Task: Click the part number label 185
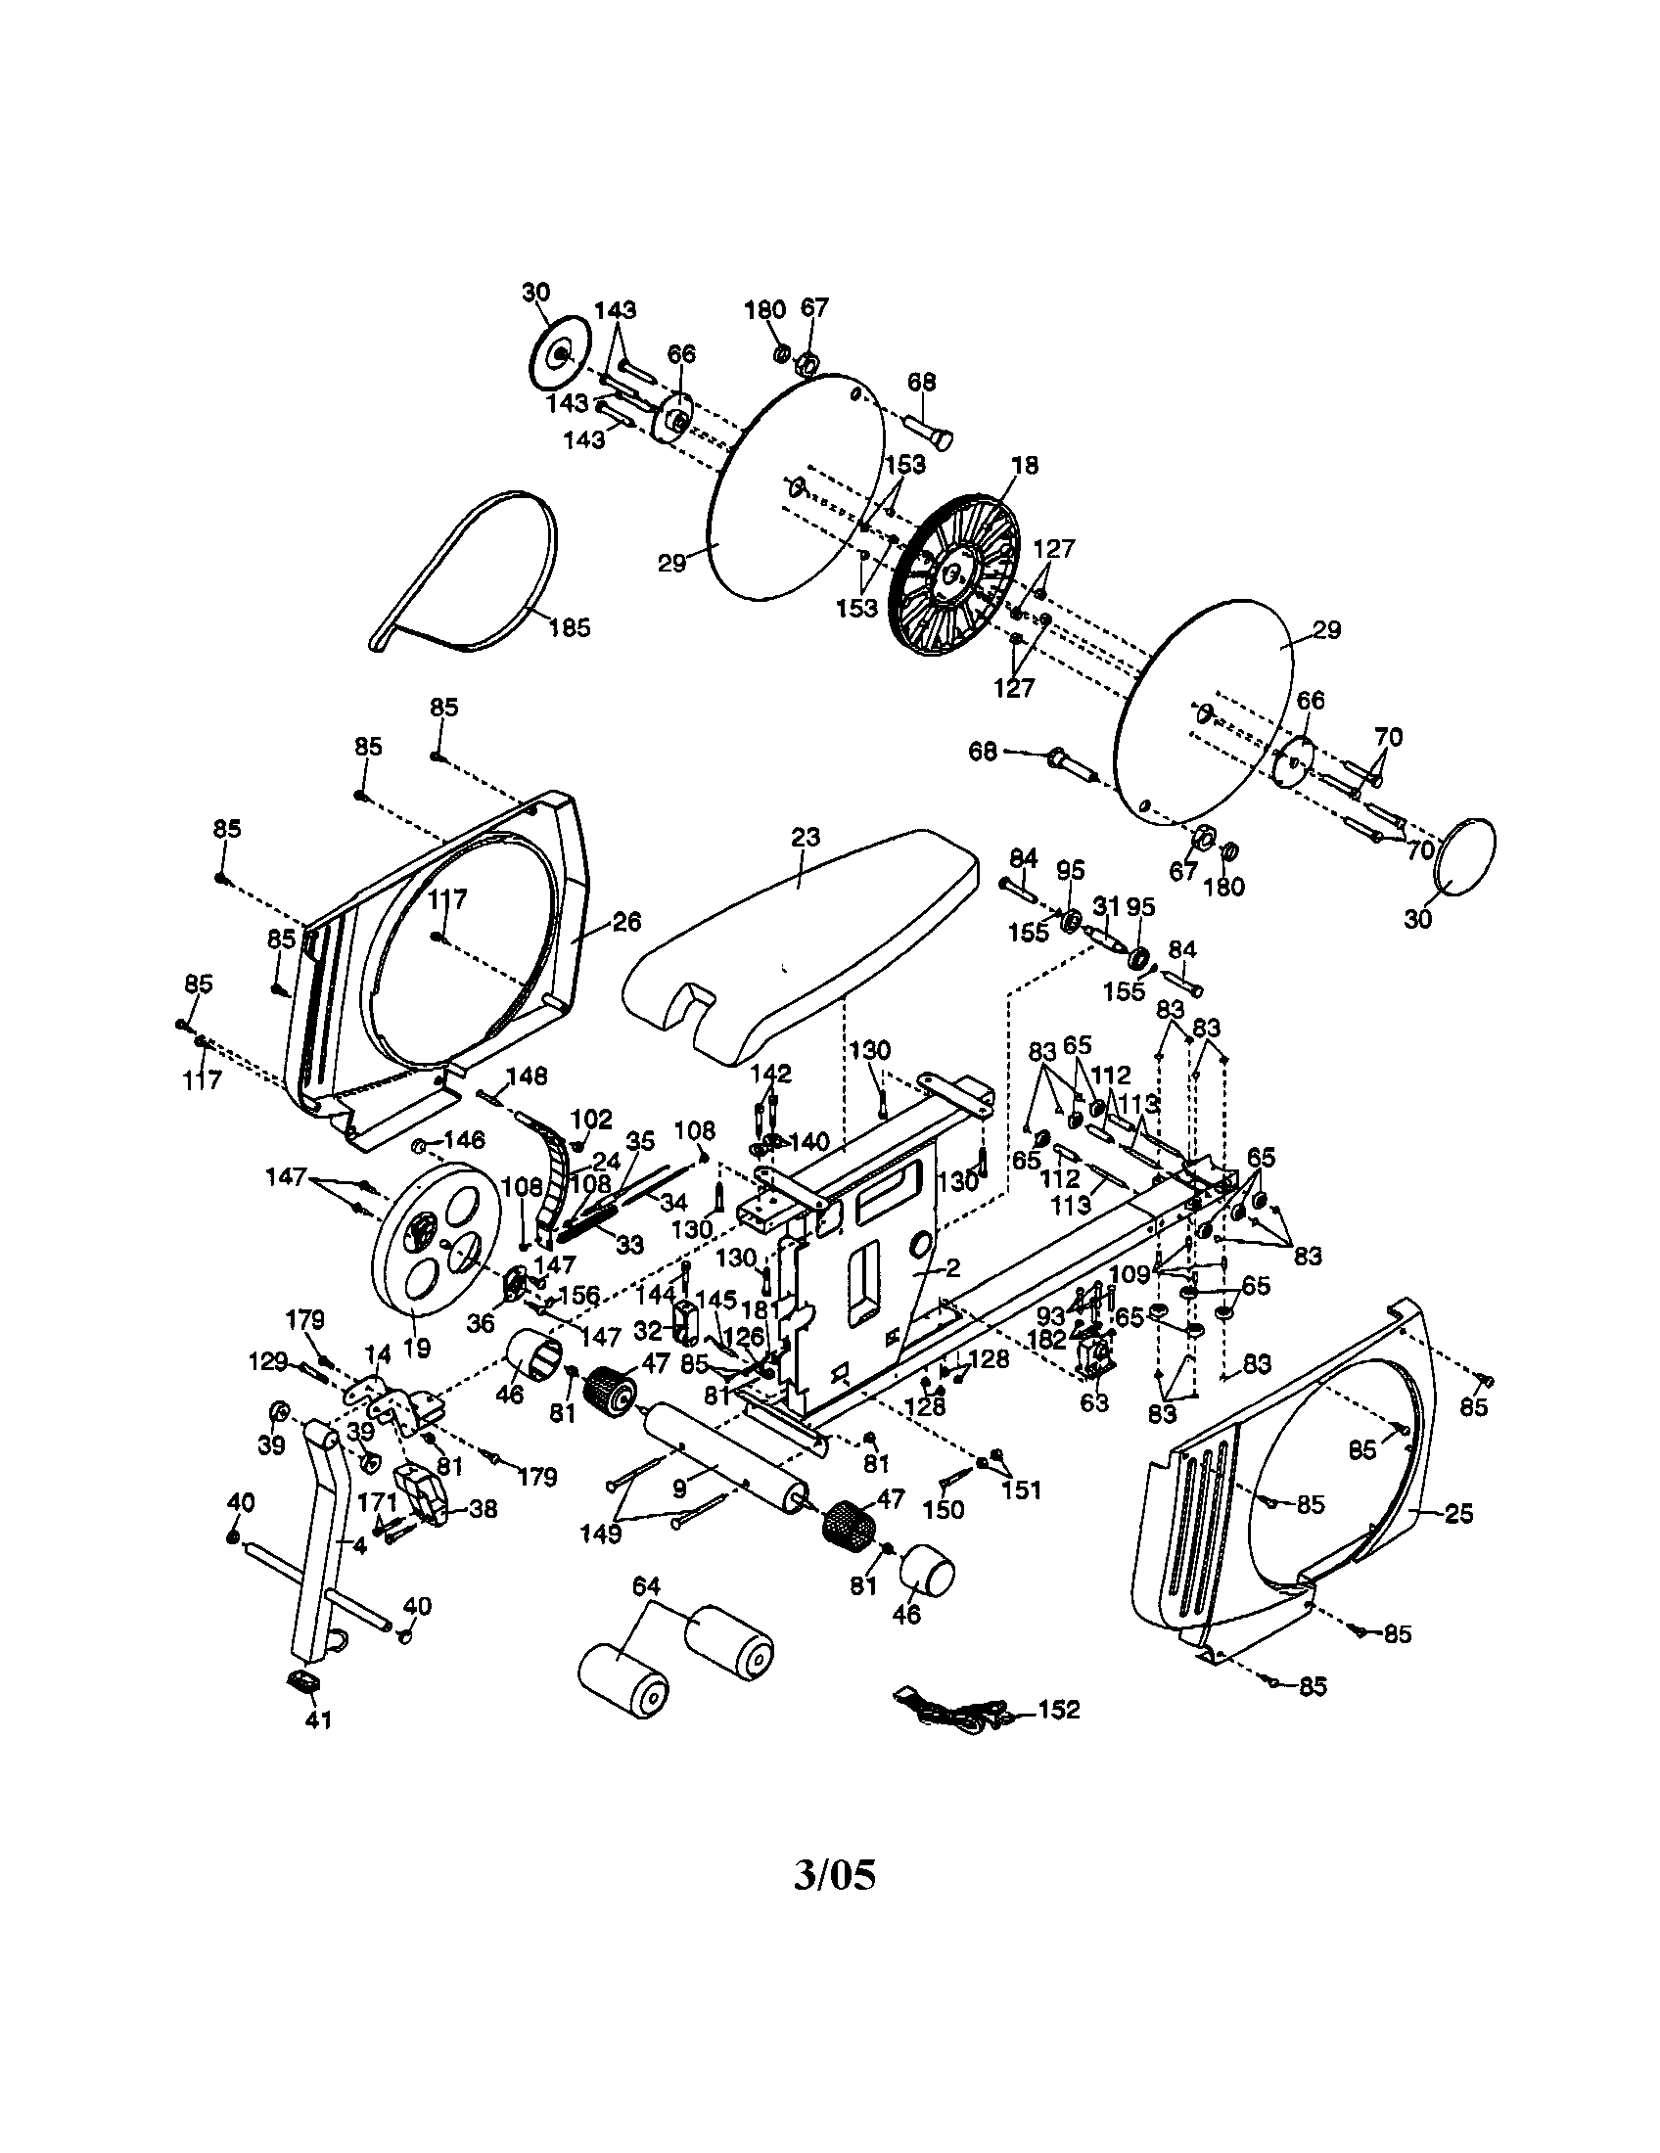570,627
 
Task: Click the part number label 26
627,921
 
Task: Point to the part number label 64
647,1586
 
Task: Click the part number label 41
318,1720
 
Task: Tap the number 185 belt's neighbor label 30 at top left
536,293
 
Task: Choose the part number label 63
1094,1401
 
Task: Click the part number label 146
463,1140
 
